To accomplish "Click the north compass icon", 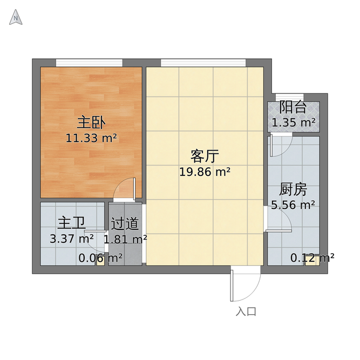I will point(16,19).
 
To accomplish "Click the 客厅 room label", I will point(205,157).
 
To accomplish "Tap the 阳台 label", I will point(293,107).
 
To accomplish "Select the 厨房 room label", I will point(293,189).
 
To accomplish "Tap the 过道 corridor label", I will point(125,223).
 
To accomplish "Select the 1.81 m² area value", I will point(125,238).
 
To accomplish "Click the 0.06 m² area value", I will point(100,258).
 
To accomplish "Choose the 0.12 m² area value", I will point(313,258).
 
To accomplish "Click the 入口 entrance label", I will point(246,312).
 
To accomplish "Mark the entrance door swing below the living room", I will point(239,286).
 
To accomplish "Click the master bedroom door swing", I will point(125,188).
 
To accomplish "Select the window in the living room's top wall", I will point(204,62).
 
